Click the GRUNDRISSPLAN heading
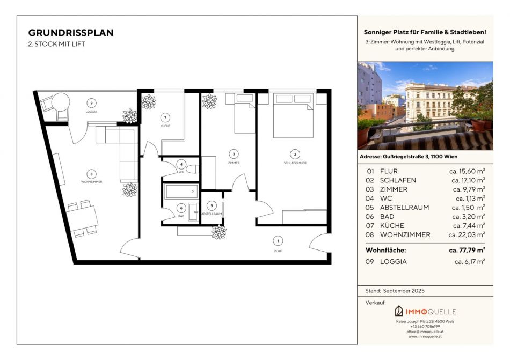71,33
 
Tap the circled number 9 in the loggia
91,104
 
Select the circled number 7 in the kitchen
165,117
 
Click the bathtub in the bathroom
181,192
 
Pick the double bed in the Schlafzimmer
293,115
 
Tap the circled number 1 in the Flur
278,241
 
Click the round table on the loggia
61,102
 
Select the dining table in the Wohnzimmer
82,218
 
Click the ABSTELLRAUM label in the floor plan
212,214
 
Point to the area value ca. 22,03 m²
467,234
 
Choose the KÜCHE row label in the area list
392,225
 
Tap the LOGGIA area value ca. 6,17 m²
470,262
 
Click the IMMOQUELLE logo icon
399,311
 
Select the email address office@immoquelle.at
425,332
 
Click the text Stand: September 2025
395,291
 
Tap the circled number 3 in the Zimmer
234,154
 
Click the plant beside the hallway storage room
219,232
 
